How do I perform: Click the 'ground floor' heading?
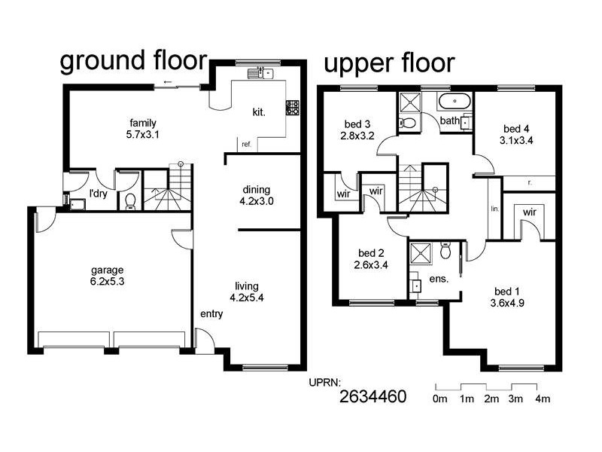(135, 61)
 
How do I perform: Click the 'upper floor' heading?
(389, 63)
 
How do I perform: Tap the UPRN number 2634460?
(372, 396)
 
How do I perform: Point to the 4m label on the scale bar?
(542, 399)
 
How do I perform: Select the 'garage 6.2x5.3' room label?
(107, 276)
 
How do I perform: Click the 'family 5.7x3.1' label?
(142, 129)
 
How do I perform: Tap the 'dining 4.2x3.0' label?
(256, 195)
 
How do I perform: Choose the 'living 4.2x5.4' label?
(247, 292)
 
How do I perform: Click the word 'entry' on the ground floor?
(211, 314)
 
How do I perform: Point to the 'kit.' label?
(259, 112)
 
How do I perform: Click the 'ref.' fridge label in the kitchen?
(246, 144)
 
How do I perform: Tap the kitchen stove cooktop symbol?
(292, 107)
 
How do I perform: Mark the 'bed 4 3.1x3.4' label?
(515, 133)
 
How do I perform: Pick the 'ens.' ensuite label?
(439, 279)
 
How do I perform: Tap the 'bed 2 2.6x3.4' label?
(369, 258)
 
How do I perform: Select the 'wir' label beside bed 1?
(529, 212)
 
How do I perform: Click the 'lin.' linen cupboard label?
(494, 209)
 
